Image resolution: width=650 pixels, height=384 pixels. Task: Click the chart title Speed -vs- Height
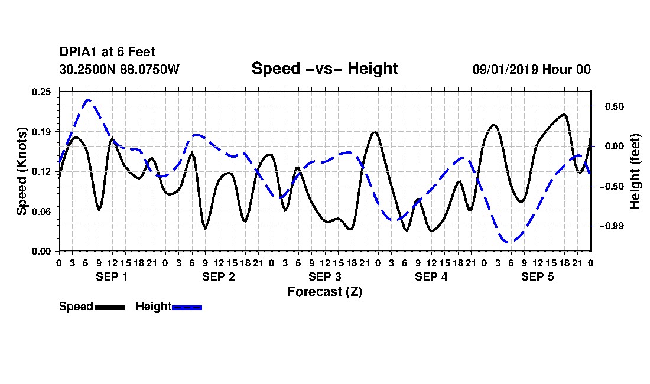pyautogui.click(x=324, y=69)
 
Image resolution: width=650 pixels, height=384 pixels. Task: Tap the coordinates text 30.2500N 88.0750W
pyautogui.click(x=119, y=69)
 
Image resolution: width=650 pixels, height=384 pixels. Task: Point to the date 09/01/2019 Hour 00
pyautogui.click(x=532, y=69)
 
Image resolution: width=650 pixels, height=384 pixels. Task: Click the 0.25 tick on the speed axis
pyautogui.click(x=41, y=92)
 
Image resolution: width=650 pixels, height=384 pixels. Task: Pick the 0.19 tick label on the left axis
pyautogui.click(x=41, y=132)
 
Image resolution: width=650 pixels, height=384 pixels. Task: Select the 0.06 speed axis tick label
pyautogui.click(x=41, y=211)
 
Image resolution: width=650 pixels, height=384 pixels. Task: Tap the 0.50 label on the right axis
pyautogui.click(x=615, y=107)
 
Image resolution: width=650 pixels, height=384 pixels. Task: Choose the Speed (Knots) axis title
pyautogui.click(x=21, y=171)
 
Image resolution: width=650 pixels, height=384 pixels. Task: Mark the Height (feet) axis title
pyautogui.click(x=635, y=171)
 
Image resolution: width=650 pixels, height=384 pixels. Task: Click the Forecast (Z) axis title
pyautogui.click(x=325, y=292)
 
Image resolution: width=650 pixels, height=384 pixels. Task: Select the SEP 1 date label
pyautogui.click(x=112, y=276)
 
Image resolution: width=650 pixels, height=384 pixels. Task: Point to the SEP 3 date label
pyautogui.click(x=324, y=276)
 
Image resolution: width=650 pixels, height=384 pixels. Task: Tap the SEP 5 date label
pyautogui.click(x=538, y=276)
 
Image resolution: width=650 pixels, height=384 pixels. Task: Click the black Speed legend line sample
pyautogui.click(x=110, y=307)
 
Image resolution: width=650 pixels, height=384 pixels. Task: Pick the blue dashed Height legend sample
pyautogui.click(x=187, y=307)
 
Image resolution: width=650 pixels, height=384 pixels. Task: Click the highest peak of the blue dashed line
pyautogui.click(x=88, y=100)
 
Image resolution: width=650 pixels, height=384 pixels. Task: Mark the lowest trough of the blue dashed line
pyautogui.click(x=509, y=242)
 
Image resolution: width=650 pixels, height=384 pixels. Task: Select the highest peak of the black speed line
pyautogui.click(x=564, y=114)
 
